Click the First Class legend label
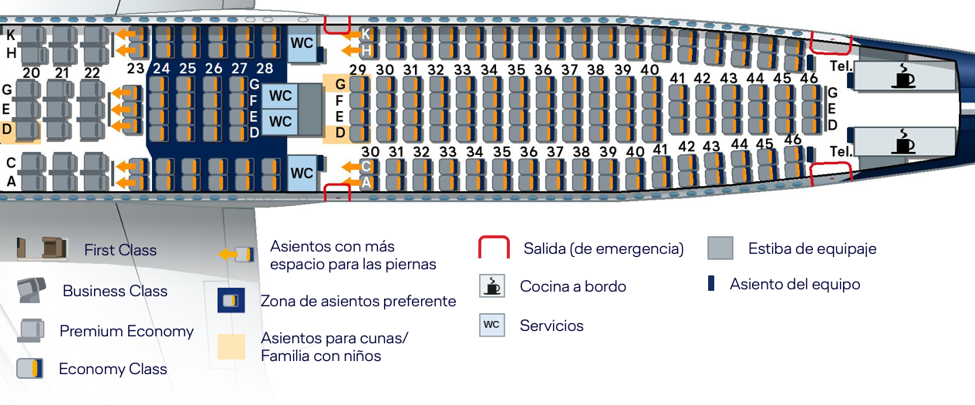(120, 250)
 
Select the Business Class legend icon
(31, 290)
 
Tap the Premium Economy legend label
(127, 331)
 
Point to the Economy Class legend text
(113, 369)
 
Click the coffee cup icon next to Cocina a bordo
(491, 285)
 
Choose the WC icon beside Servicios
(491, 325)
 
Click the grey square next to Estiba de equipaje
(720, 248)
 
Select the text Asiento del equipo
(795, 284)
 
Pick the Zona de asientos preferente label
(358, 301)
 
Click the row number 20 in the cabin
(31, 73)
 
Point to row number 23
(136, 68)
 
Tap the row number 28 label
(265, 68)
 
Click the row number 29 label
(357, 69)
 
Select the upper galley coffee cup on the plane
(902, 76)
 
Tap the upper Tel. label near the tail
(840, 66)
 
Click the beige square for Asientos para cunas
(231, 346)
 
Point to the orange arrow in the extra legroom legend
(227, 255)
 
